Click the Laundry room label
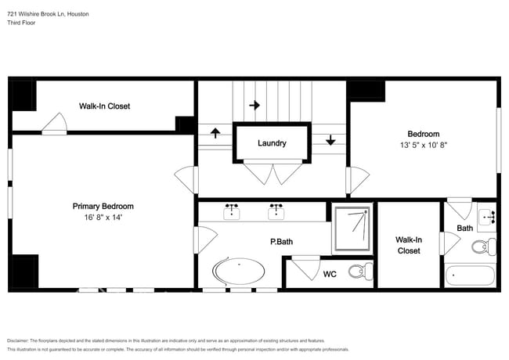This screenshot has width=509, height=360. click(272, 143)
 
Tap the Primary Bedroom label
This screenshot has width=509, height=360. click(103, 207)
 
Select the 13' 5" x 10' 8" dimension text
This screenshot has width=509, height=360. click(424, 145)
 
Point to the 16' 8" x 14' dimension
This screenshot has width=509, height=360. click(103, 218)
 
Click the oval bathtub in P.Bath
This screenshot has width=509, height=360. click(238, 271)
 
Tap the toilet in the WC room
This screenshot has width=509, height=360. click(361, 271)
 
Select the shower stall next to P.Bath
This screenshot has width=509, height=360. click(352, 229)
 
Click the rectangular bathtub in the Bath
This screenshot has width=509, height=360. click(470, 275)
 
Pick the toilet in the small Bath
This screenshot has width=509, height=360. click(484, 247)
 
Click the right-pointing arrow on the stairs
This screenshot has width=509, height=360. click(254, 105)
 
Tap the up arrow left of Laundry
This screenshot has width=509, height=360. click(215, 133)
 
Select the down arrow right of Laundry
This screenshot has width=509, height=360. click(330, 140)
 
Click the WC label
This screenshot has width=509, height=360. click(330, 275)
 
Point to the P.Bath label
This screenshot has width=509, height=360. click(281, 242)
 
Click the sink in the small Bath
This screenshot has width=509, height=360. click(487, 217)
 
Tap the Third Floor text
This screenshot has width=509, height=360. click(21, 23)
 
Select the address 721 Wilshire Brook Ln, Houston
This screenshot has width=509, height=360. click(48, 14)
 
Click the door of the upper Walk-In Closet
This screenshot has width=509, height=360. click(54, 124)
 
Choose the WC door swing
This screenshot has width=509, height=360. click(306, 268)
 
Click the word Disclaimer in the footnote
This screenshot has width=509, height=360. click(18, 341)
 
